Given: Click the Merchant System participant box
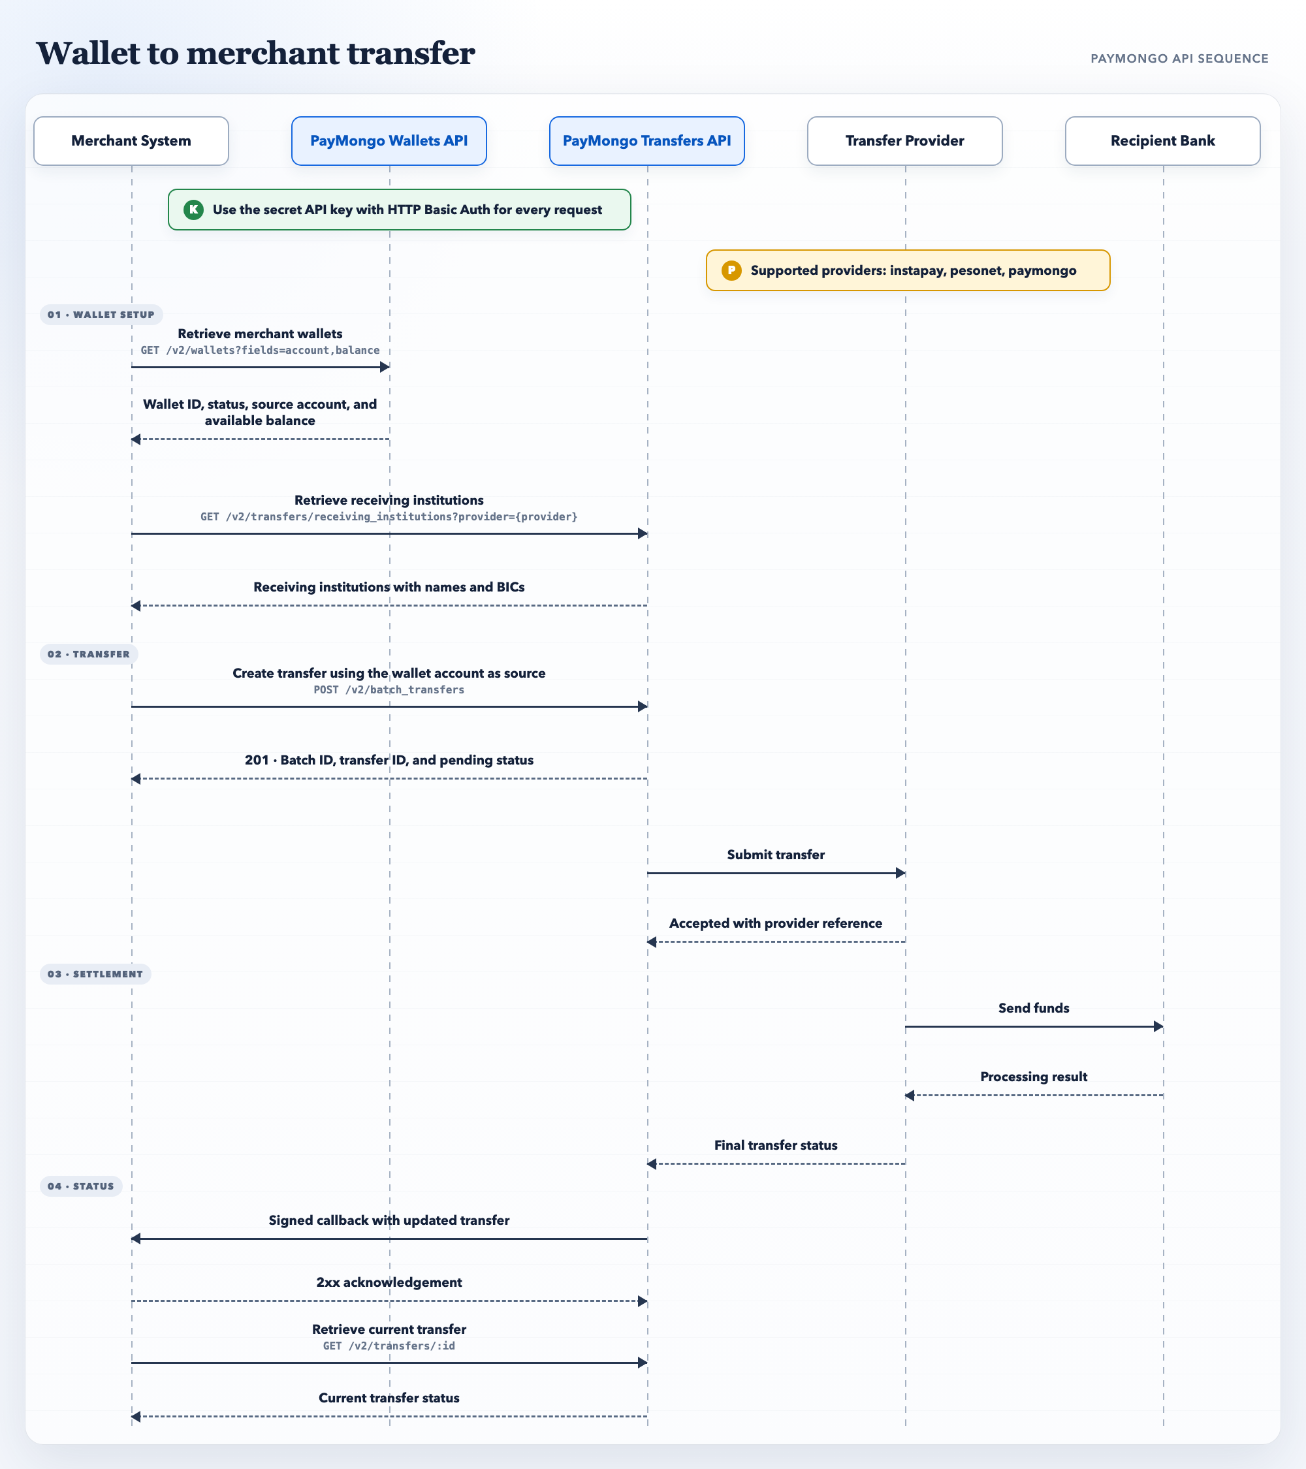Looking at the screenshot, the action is pos(131,141).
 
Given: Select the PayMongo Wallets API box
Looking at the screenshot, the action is pos(389,141).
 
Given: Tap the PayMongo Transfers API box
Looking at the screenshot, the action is pos(647,141).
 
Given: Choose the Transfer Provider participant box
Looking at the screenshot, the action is pos(905,141).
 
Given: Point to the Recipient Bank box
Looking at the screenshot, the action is pos(1163,141).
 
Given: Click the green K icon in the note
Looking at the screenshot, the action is pos(193,210).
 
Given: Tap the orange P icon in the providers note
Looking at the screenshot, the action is pos(732,270).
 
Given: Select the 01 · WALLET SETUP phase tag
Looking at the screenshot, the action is pos(101,315).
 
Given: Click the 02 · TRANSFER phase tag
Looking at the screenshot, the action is pos(89,654).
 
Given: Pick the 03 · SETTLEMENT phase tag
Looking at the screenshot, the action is pos(95,974).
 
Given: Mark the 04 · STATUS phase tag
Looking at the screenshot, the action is pos(81,1186).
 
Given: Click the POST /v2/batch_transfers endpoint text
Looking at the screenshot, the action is pos(389,690).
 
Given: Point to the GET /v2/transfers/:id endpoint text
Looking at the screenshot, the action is pos(389,1346).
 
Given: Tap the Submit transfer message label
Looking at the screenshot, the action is pos(776,855).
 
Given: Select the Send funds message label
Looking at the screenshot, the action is pos(1034,1008).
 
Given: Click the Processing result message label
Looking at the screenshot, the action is pos(1034,1077).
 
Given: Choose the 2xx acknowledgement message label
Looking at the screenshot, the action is pos(389,1282).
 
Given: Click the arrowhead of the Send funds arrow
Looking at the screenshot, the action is pos(1158,1027).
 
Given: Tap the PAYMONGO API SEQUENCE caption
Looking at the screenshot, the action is pos(1179,59).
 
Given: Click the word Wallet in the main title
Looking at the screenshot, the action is pos(88,53).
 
